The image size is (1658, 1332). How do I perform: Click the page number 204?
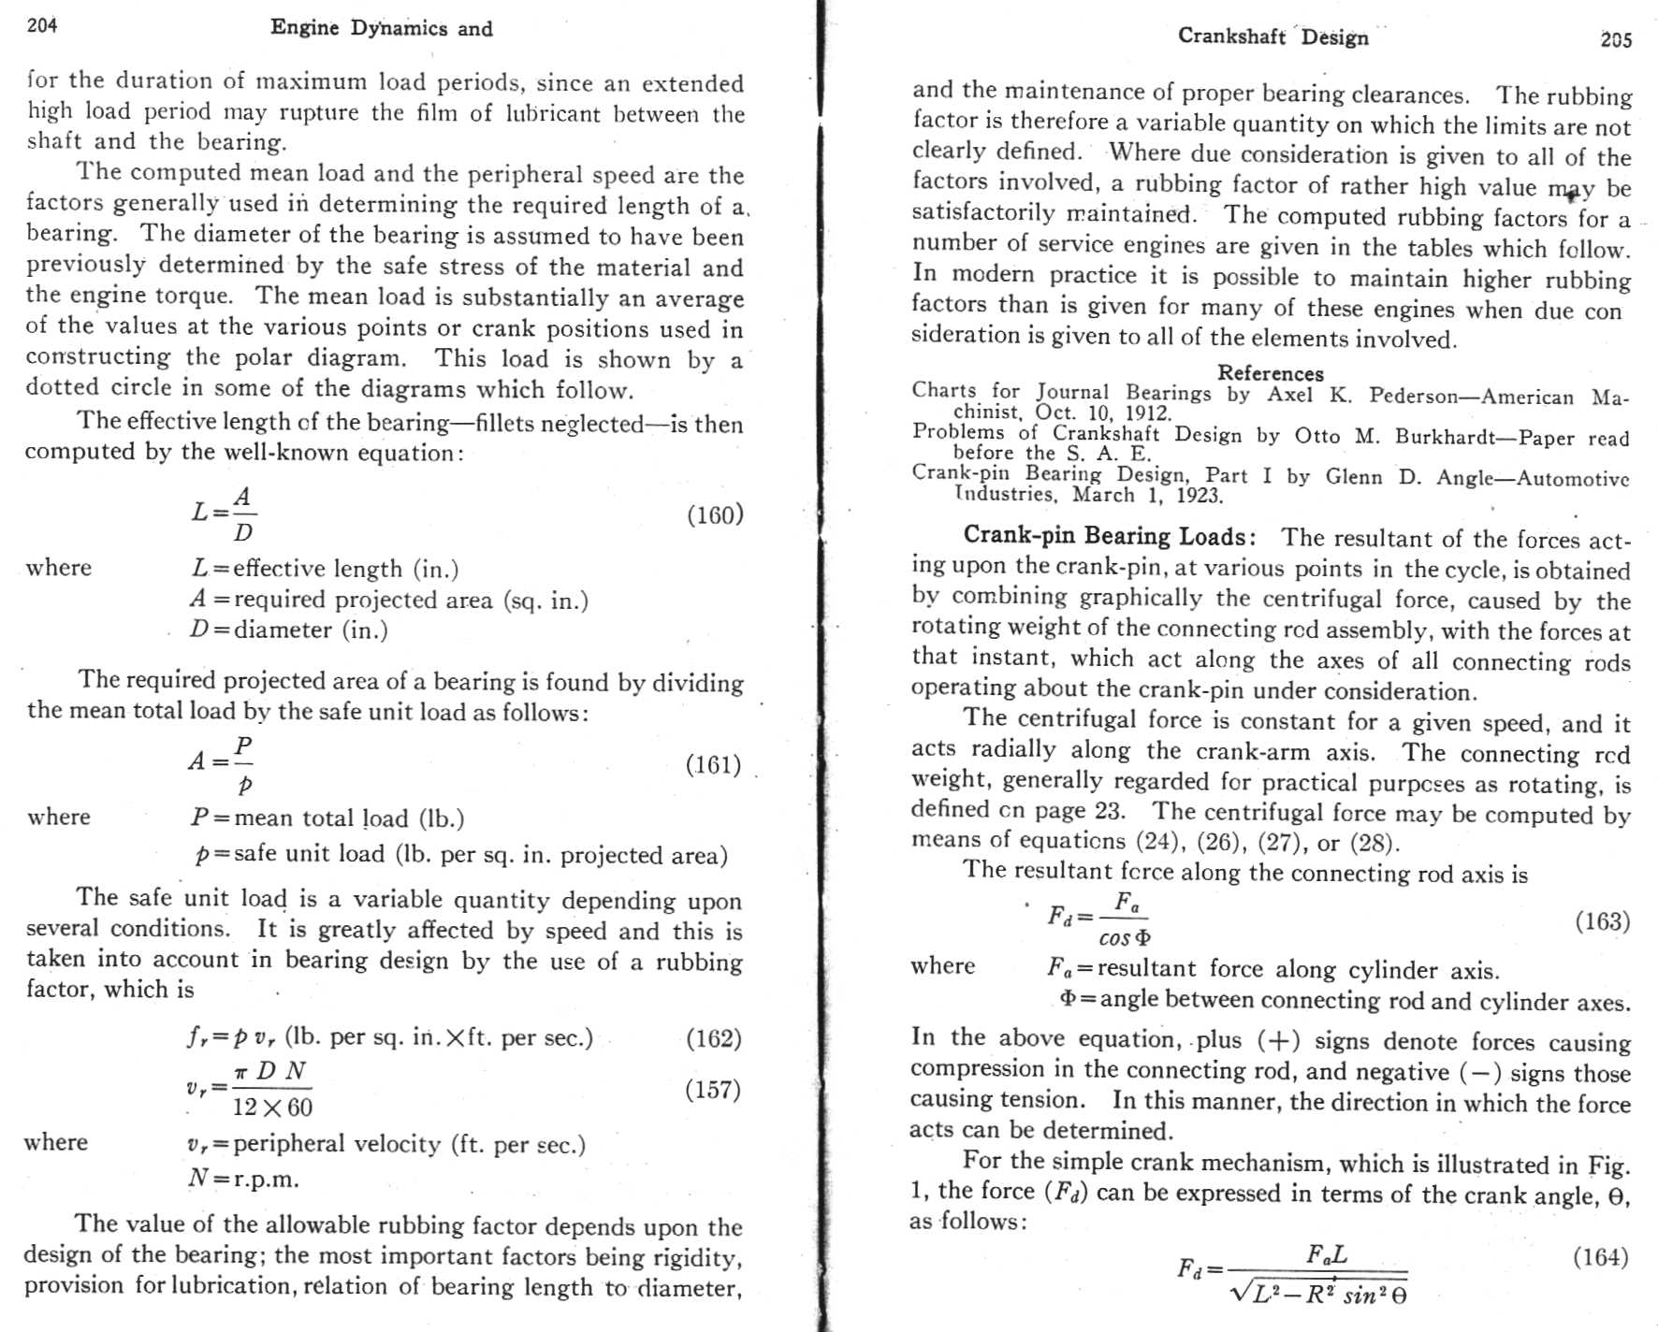click(42, 25)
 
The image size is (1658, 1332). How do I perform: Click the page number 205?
click(1616, 39)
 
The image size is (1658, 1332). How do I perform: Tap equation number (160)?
click(715, 514)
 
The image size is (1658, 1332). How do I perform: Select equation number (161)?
click(713, 765)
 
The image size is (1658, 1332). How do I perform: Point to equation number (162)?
click(713, 1038)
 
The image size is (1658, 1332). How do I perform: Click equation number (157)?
click(713, 1090)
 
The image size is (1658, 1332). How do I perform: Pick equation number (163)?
click(1602, 921)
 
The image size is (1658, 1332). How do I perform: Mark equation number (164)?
click(1600, 1256)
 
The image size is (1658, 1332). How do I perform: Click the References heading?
click(1270, 373)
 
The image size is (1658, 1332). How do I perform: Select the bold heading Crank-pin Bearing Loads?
click(1109, 536)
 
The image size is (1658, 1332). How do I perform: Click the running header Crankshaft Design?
click(1273, 36)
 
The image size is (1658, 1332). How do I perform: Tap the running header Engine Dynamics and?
click(381, 28)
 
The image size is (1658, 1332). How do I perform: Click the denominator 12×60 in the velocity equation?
click(272, 1108)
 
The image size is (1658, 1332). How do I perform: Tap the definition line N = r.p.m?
click(243, 1179)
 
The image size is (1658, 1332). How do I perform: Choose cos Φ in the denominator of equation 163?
click(1125, 937)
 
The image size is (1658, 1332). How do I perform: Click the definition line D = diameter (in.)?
click(288, 630)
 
